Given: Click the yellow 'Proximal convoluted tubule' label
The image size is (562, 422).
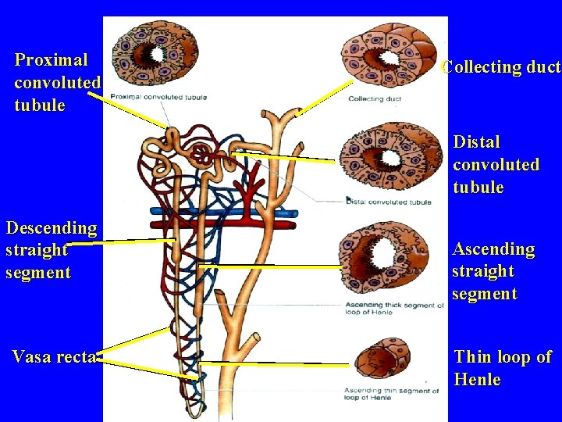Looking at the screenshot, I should point(57,82).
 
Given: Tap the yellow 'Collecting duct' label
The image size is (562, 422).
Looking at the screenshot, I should point(500,67).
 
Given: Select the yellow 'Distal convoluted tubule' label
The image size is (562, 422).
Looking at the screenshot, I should point(496,165).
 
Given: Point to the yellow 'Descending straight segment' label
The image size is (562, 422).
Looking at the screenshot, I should point(51,250).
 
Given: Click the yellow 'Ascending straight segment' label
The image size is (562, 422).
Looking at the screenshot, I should point(493,271).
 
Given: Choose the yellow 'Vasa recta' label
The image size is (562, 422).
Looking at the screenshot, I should point(54,357).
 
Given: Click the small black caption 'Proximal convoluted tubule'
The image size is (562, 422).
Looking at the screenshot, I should point(158,98).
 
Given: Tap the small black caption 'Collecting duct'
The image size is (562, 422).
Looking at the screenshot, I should point(375,99).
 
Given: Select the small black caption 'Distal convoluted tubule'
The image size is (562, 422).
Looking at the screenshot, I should point(388,202).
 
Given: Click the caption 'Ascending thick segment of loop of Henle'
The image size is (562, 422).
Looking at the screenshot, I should point(393,309).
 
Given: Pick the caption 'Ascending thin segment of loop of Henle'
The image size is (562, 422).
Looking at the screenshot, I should point(391,394).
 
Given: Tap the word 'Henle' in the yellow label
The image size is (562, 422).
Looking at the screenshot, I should point(477,380).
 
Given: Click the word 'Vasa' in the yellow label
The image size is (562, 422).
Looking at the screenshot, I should point(32,357).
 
